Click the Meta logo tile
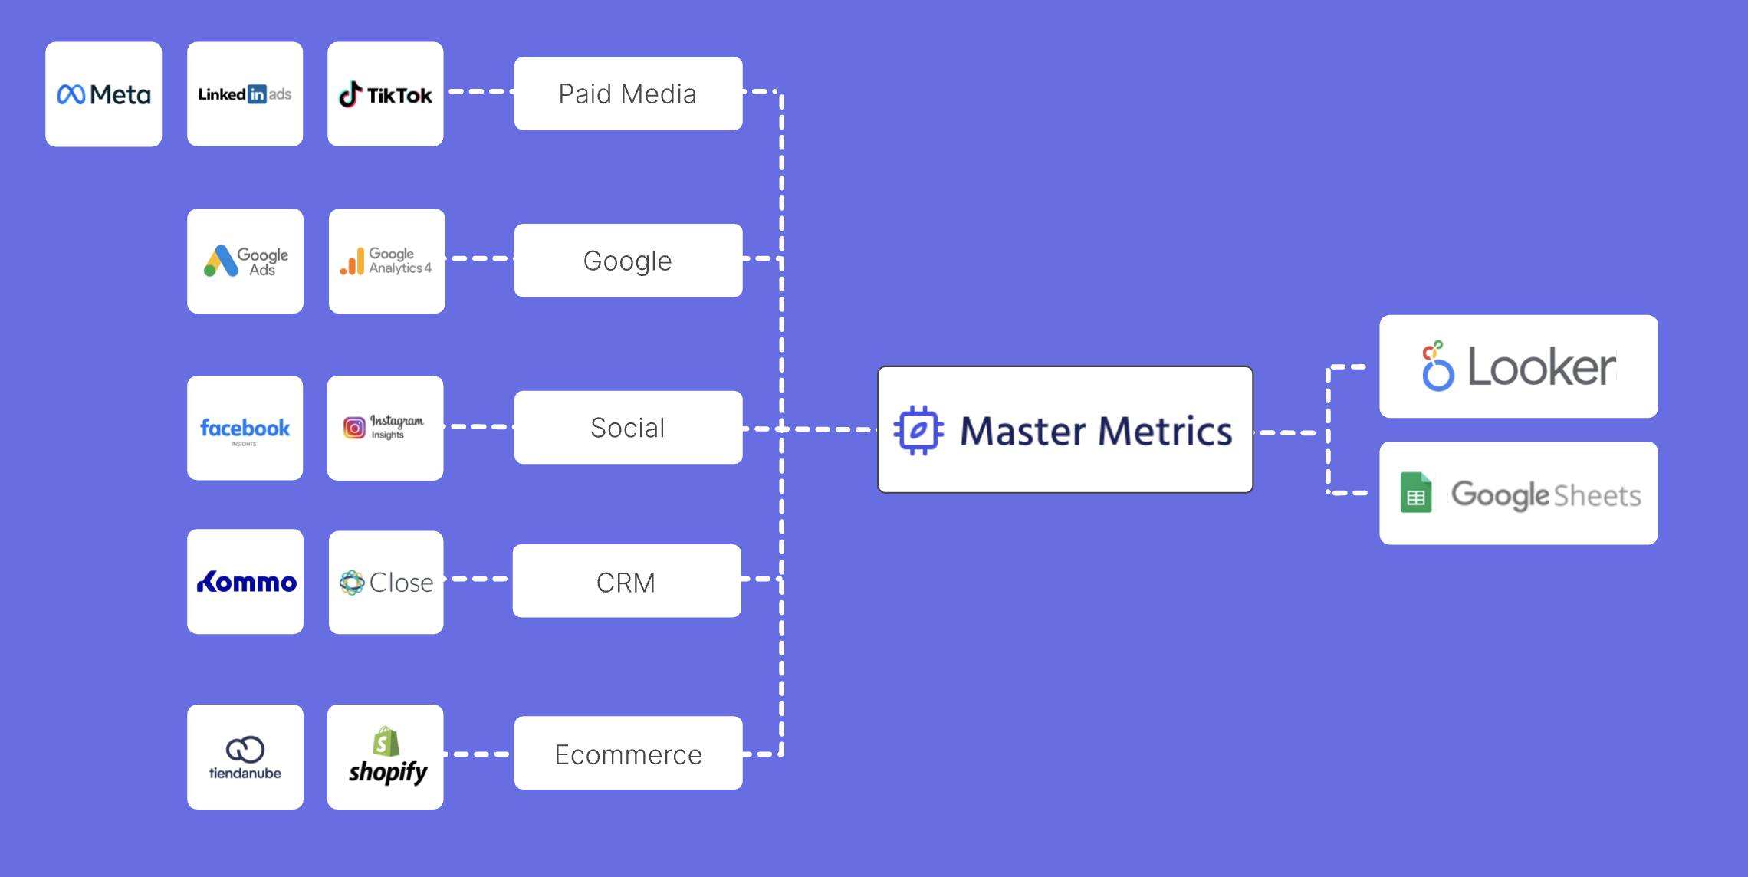tap(103, 94)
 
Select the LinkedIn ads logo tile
tap(245, 94)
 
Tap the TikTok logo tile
tap(386, 94)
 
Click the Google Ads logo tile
tap(245, 261)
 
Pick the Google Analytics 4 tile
tap(386, 261)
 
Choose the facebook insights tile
tap(245, 428)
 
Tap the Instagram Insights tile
tap(386, 428)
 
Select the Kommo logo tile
tap(245, 582)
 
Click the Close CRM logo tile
tap(386, 582)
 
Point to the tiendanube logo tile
tap(245, 757)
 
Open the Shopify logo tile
tap(386, 757)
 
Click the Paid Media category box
tap(628, 94)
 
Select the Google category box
tap(628, 261)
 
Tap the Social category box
tap(628, 427)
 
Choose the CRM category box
tap(626, 581)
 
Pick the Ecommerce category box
tap(628, 753)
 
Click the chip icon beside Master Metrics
tap(918, 430)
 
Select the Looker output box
tap(1518, 366)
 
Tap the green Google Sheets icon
tap(1415, 493)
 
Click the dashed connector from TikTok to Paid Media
tap(479, 91)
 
